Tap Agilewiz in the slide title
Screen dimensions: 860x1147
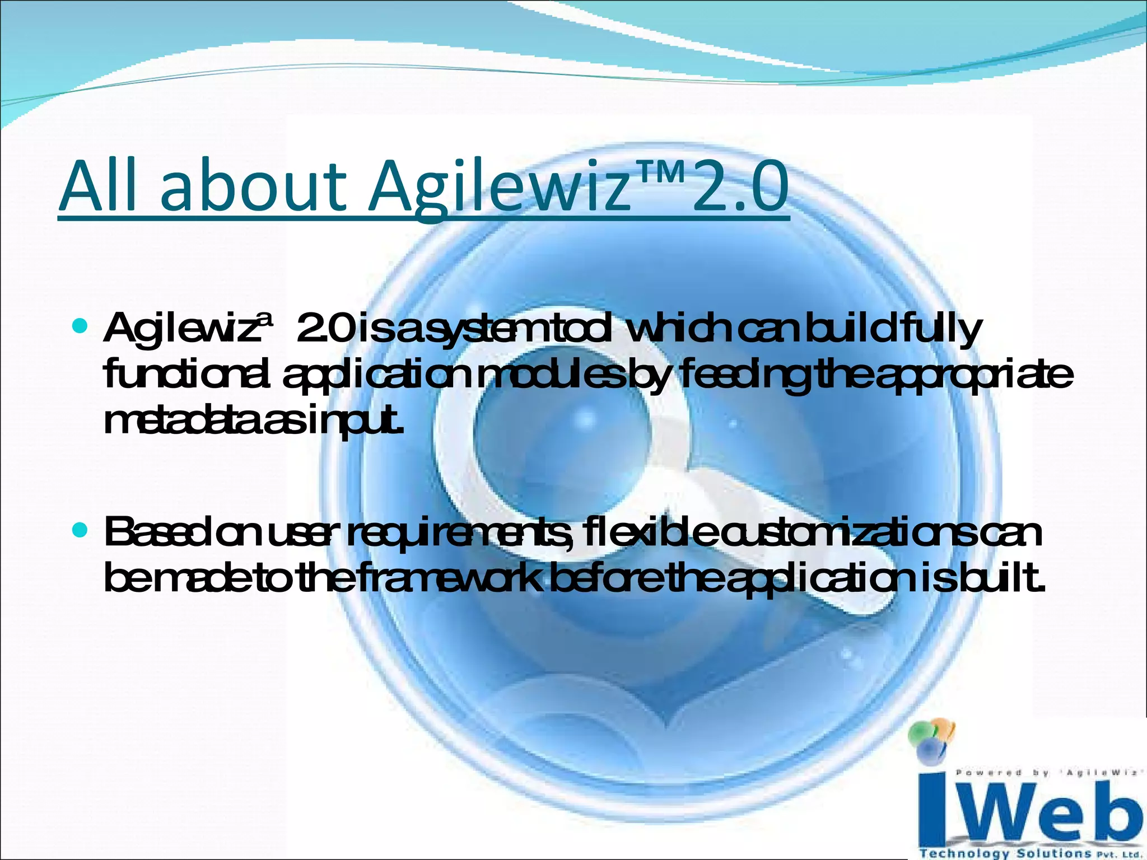click(x=498, y=188)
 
